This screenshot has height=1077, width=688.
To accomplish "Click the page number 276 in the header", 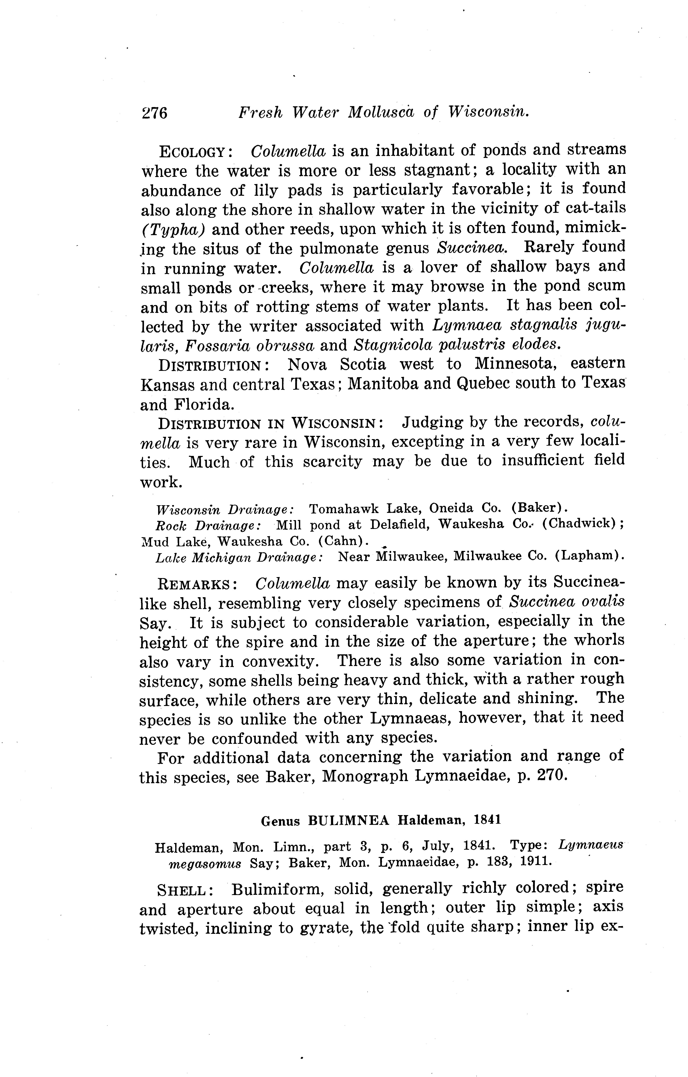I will pos(154,113).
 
